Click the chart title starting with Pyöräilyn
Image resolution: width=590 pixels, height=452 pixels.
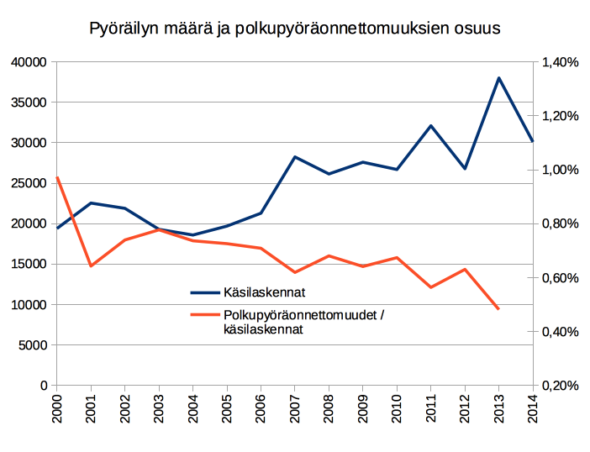tap(294, 28)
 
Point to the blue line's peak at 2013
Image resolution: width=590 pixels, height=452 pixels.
tap(498, 78)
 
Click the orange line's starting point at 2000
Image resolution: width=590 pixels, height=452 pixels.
tap(57, 177)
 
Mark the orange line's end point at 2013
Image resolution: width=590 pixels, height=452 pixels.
tap(498, 309)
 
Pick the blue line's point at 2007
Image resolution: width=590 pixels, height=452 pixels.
tap(295, 157)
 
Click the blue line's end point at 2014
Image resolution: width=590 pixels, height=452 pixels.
tap(533, 141)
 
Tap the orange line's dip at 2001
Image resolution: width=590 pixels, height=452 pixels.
tap(91, 265)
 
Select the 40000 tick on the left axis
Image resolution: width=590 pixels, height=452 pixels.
tap(29, 62)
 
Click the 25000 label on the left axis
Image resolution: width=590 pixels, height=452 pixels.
tap(29, 183)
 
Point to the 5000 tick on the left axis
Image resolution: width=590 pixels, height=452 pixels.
tap(33, 344)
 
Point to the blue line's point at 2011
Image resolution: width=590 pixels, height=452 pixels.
tap(430, 126)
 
